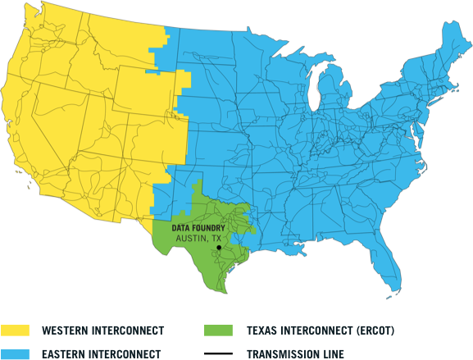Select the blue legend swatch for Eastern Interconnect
pos(15,353)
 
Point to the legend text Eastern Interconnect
pos(100,353)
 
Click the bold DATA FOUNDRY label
pos(198,227)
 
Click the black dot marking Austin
pos(219,246)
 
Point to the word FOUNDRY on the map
pos(209,227)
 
